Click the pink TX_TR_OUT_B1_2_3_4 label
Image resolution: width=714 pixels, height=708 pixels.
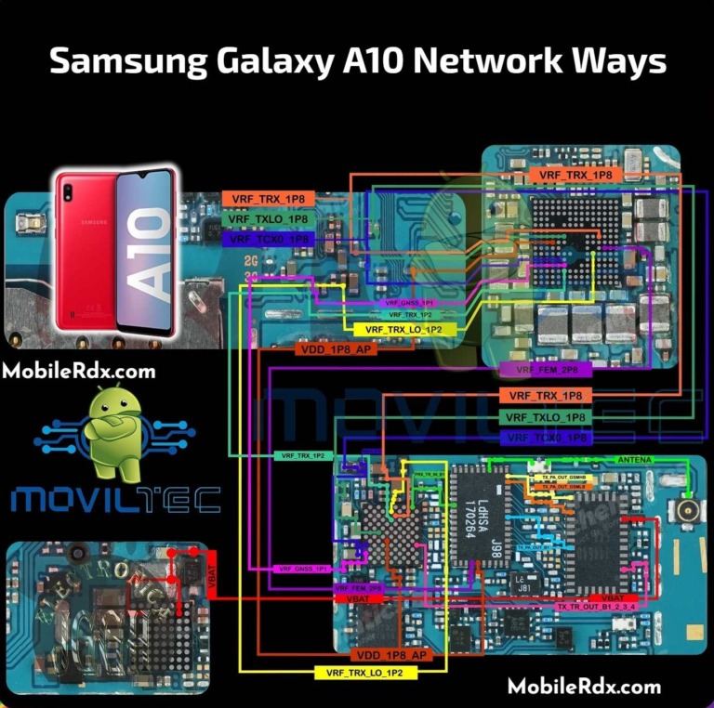(598, 607)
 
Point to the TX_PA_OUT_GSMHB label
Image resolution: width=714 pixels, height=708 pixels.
(563, 477)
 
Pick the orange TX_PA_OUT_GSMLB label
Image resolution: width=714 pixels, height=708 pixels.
(563, 486)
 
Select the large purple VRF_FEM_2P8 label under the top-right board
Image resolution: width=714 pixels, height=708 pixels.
(546, 369)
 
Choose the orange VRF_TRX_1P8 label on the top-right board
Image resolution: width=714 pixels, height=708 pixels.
(575, 175)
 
